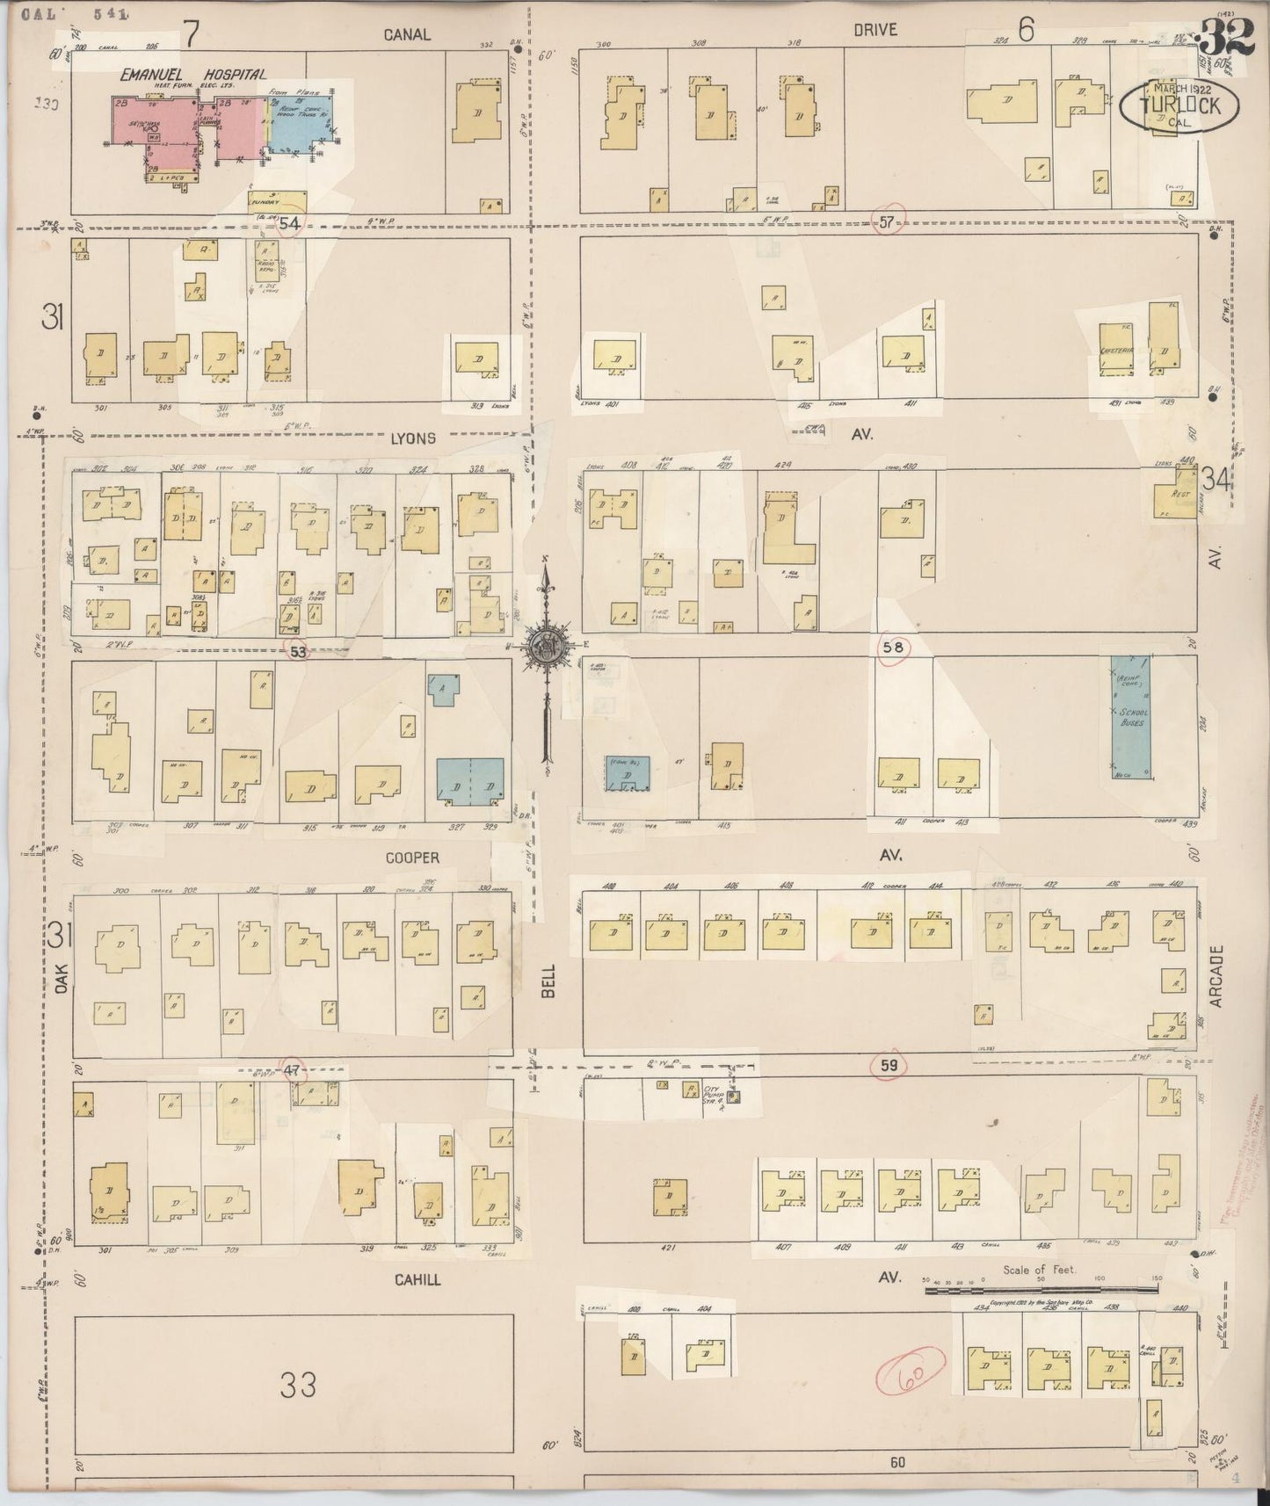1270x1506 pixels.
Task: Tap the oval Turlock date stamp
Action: coord(1179,105)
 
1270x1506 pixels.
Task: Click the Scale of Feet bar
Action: coord(1041,1290)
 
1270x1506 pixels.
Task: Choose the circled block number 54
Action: coord(290,224)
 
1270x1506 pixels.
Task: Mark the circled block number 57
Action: coord(886,222)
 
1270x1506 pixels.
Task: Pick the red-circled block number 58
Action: coord(894,648)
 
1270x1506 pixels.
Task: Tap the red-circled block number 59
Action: coord(889,1066)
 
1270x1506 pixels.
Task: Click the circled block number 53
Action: coord(299,652)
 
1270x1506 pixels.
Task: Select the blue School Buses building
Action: coord(1131,716)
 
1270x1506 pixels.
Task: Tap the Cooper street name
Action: coord(411,857)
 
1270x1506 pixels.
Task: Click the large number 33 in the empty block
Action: coord(298,1387)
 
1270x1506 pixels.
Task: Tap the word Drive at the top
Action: coord(874,30)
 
